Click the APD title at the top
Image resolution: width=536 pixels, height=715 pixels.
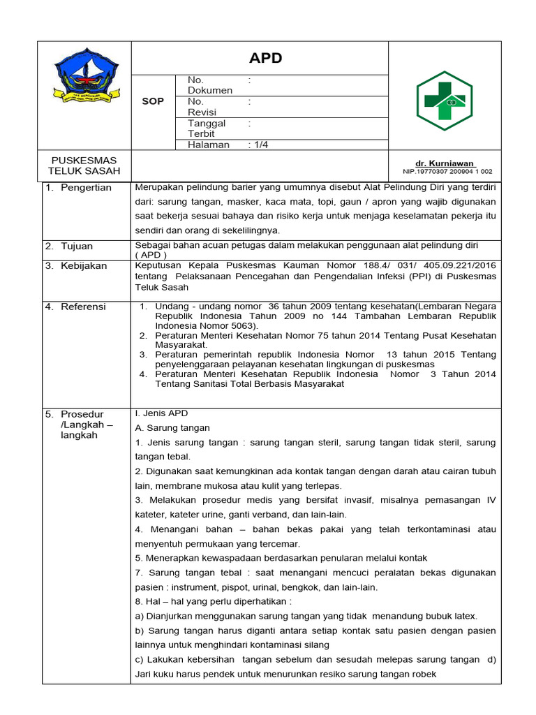tap(266, 58)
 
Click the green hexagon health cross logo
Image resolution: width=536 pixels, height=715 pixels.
tap(445, 101)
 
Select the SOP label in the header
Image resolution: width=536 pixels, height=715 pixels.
tap(153, 101)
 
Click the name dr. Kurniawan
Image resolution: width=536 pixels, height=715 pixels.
tap(447, 162)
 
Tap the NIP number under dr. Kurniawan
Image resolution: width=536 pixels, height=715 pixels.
tap(447, 171)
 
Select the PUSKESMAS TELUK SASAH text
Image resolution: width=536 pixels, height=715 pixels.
tap(84, 165)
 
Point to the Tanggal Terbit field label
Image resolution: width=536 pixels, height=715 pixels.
tap(206, 128)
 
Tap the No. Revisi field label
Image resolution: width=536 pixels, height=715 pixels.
tap(202, 107)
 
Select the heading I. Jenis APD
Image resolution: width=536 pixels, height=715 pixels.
tap(161, 413)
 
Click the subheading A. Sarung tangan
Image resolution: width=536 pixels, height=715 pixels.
tap(172, 427)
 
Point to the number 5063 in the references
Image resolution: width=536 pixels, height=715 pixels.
tap(252, 325)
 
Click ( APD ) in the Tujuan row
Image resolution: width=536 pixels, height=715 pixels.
tap(151, 256)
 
